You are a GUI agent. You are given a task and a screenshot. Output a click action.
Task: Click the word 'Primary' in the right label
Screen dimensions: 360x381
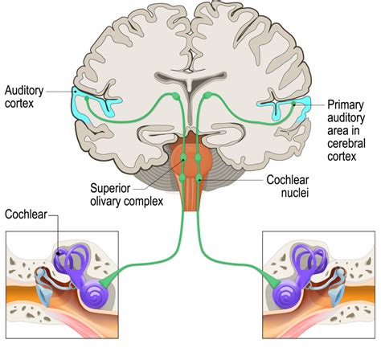coord(347,105)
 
